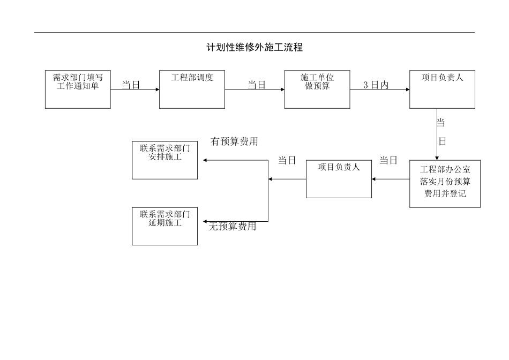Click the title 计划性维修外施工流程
[x=254, y=48]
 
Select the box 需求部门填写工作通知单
[x=78, y=89]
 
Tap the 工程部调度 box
[x=192, y=89]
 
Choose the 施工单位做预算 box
[x=317, y=89]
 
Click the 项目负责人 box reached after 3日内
[x=442, y=89]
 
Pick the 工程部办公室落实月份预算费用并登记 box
[x=445, y=184]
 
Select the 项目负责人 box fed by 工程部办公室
[x=339, y=179]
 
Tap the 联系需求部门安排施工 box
[x=164, y=160]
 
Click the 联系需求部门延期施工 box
[x=164, y=226]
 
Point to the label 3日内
[x=376, y=85]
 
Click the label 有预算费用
[x=234, y=142]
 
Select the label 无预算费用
[x=233, y=227]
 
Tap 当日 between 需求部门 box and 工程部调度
[x=131, y=85]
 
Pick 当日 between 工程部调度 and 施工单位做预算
[x=256, y=85]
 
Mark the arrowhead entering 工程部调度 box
[x=158, y=89]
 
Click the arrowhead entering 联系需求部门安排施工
[x=204, y=160]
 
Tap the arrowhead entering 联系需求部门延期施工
[x=204, y=221]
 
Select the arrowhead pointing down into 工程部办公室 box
[x=437, y=158]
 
